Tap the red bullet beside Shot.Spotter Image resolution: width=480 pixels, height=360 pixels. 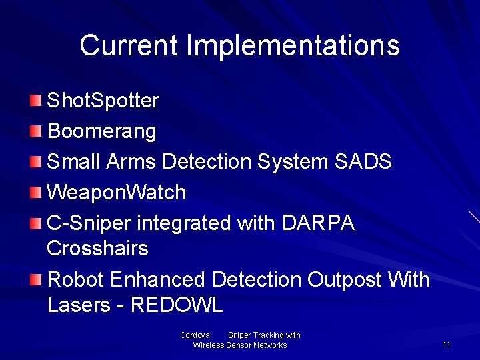pos(35,101)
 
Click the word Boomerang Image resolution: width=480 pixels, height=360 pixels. pos(102,131)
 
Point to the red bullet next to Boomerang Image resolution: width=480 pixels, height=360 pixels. pos(35,131)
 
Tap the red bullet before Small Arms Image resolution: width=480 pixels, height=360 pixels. pos(35,161)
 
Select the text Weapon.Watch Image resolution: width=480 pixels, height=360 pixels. pos(117,193)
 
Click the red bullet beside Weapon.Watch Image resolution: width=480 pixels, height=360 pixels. pos(35,193)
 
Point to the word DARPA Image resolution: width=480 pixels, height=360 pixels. pos(318,223)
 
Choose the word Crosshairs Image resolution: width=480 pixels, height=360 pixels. pos(97,249)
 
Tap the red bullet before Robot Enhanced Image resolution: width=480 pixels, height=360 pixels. pos(35,279)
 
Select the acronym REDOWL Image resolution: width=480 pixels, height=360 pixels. pos(177,305)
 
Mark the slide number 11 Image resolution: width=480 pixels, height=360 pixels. pos(447,344)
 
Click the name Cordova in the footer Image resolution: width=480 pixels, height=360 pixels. pos(195,335)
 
